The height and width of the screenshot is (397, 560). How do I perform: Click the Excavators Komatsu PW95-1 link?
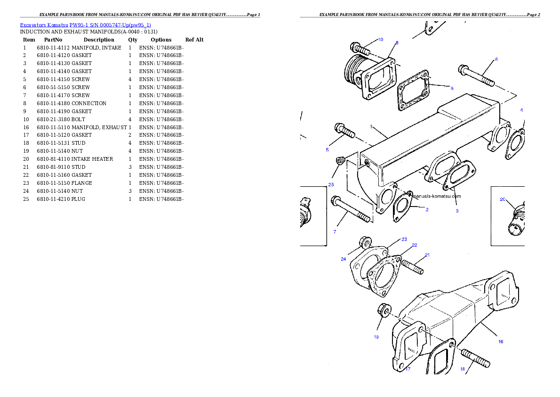[85, 25]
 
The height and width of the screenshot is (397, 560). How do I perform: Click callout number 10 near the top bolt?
[380, 40]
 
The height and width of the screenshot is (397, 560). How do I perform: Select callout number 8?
[397, 42]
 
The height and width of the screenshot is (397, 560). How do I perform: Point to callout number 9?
[451, 88]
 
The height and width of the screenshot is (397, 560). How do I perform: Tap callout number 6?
[496, 60]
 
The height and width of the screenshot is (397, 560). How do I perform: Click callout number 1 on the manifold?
[371, 126]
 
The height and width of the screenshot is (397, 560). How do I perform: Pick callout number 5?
[327, 150]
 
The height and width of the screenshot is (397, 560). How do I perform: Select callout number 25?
[331, 184]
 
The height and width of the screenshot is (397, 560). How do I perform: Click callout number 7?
[335, 232]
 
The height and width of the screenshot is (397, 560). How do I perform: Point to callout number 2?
[427, 209]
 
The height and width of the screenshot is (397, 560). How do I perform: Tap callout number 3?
[456, 211]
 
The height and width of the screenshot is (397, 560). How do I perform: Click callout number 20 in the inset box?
[503, 199]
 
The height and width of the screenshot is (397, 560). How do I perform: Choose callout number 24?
[344, 259]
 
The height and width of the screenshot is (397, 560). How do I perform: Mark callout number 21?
[427, 255]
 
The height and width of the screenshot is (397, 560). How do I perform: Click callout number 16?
[501, 341]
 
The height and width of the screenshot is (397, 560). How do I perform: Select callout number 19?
[376, 337]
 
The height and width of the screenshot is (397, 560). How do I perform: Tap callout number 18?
[462, 369]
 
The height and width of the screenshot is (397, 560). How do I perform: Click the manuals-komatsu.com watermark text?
[437, 196]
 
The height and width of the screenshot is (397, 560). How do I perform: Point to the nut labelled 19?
[383, 311]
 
